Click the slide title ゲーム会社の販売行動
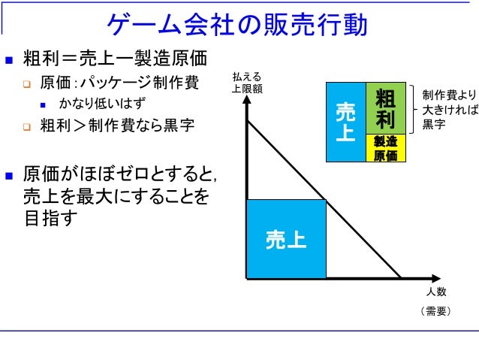[239, 26]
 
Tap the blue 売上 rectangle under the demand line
[286, 240]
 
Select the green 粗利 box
[385, 109]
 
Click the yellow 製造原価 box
[385, 148]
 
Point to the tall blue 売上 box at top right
[345, 123]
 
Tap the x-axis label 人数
[436, 292]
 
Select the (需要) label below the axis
[436, 310]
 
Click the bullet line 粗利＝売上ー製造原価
[113, 58]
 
